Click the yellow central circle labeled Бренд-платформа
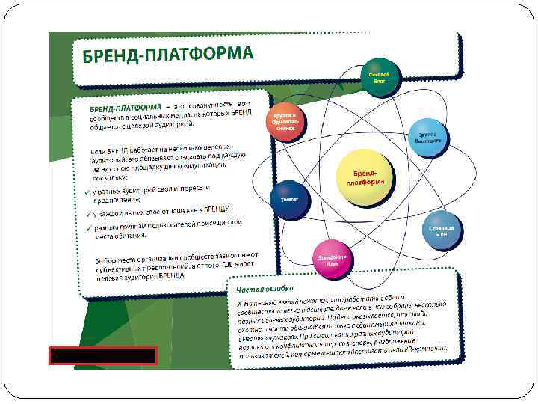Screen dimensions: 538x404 pyautogui.click(x=365, y=177)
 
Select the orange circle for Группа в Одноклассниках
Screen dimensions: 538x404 pyautogui.click(x=286, y=121)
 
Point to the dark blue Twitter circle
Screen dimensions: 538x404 pyautogui.click(x=289, y=200)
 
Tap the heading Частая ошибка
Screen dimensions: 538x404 pyautogui.click(x=265, y=289)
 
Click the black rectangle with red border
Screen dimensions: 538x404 pyautogui.click(x=102, y=355)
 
